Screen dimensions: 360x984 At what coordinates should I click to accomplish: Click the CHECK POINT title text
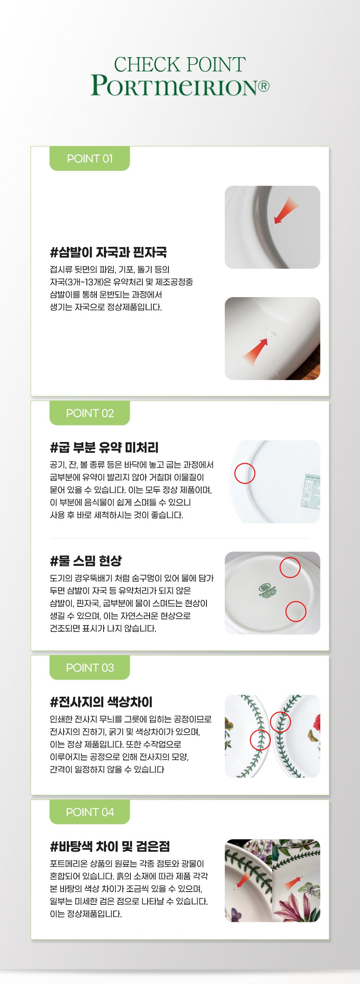(180, 64)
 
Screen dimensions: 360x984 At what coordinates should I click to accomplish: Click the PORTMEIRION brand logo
(175, 85)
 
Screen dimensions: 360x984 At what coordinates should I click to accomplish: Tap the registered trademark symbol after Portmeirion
(264, 86)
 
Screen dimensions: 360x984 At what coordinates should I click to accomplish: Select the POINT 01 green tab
(90, 158)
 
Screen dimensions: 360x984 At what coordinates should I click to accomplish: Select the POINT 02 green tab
(90, 413)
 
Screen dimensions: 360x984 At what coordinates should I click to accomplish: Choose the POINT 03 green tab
(90, 667)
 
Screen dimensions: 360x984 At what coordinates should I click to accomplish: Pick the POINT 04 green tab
(90, 812)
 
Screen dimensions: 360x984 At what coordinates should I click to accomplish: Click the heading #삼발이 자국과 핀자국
(108, 252)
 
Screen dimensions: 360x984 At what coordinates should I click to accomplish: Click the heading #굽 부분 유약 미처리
(104, 447)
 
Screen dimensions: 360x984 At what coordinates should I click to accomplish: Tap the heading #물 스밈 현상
(86, 560)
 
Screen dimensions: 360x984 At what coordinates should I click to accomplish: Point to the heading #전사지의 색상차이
(101, 702)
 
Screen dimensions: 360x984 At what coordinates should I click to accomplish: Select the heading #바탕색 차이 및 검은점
(110, 846)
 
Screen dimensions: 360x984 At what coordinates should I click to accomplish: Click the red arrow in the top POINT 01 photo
(285, 211)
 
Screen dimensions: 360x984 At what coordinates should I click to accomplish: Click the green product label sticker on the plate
(312, 491)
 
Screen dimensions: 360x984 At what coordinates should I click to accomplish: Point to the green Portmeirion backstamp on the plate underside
(267, 590)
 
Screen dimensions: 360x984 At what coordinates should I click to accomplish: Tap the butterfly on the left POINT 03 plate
(228, 723)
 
